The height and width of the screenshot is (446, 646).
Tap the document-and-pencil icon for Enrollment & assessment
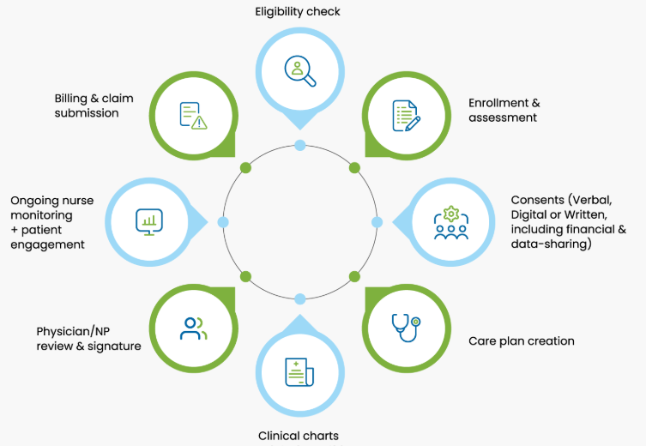406,116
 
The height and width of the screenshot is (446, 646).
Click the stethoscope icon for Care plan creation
406,327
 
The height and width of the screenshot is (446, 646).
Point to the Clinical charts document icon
300,372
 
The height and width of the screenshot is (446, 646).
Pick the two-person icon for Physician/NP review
194,327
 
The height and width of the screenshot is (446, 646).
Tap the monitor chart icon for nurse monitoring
149,222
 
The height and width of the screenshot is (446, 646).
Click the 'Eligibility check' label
298,11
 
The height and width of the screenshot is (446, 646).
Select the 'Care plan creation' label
521,341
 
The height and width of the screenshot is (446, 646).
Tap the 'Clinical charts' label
299,436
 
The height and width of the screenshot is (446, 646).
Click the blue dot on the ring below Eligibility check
300,145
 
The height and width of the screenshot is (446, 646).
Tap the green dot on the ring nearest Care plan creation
354,276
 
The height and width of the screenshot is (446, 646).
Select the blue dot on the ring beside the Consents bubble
377,222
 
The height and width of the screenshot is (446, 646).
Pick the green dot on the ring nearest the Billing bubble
245,167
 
